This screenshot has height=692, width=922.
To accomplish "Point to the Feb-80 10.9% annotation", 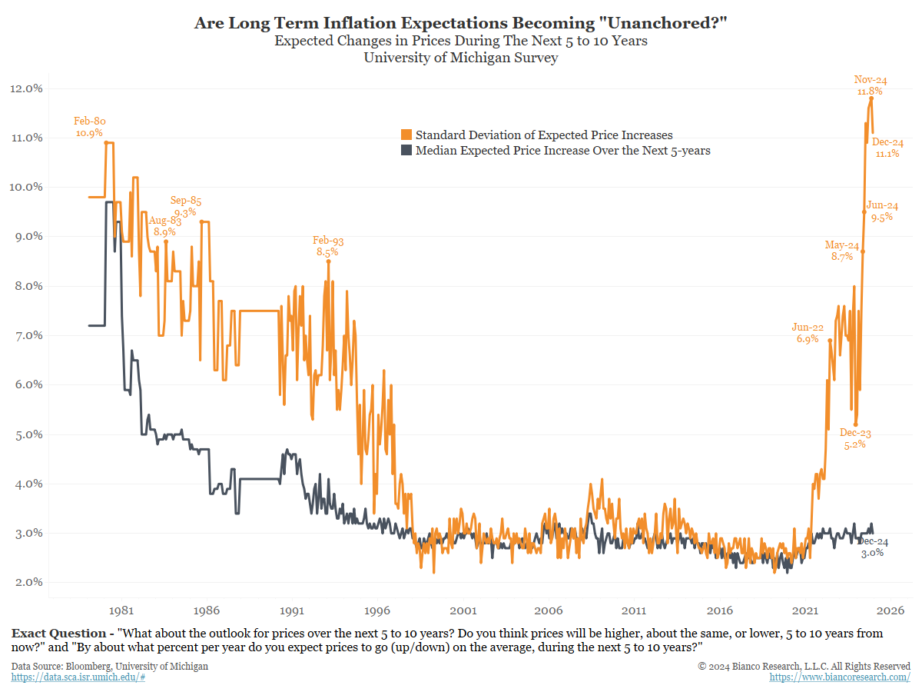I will coord(90,127).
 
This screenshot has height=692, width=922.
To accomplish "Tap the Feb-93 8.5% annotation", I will coord(327,246).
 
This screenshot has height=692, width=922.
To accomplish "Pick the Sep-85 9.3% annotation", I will coord(185,206).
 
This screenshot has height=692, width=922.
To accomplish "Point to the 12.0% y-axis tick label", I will coord(26,88).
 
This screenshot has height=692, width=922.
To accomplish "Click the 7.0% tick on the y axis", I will coord(26,335).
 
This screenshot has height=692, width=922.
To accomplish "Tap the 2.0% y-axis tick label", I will coord(26,582).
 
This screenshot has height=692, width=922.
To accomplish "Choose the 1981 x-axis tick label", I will coord(121,610).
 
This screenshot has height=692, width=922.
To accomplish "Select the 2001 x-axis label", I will coord(463,610).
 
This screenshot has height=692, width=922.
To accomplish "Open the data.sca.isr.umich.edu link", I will coord(78,677).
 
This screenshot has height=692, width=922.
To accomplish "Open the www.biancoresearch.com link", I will coord(840,677).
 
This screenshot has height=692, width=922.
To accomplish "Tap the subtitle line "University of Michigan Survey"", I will coord(461,58).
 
